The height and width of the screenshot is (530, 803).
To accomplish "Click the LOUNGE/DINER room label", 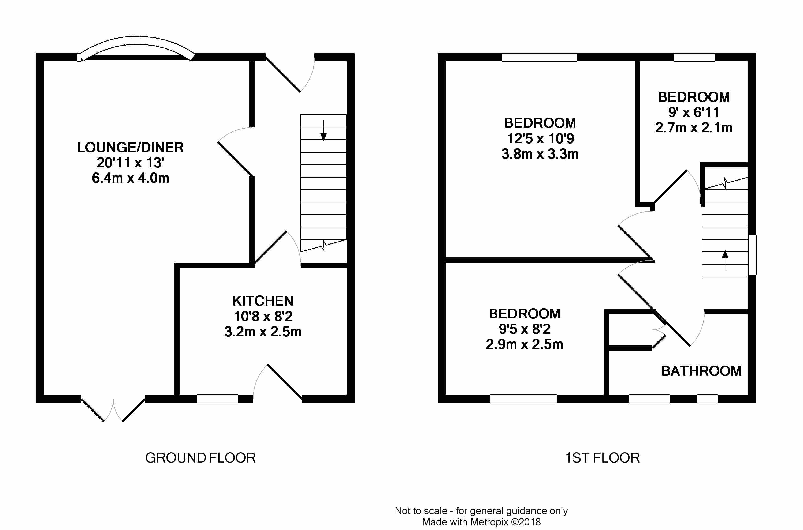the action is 131,147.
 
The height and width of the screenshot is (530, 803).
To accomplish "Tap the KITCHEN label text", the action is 263,301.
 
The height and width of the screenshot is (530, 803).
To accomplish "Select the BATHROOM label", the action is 701,371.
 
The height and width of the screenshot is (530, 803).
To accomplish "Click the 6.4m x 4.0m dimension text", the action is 131,178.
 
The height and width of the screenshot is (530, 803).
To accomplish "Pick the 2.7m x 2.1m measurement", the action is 694,127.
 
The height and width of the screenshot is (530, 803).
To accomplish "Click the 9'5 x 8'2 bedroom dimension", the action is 525,329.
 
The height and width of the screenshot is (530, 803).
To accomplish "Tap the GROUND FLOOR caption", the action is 200,458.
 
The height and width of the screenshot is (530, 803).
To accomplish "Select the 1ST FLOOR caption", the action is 603,458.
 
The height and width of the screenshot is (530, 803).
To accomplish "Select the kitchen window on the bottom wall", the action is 217,399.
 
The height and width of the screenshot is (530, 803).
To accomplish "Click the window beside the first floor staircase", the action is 752,255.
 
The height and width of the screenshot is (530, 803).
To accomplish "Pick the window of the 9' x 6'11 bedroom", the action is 694,58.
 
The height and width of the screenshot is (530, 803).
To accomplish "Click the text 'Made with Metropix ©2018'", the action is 481,522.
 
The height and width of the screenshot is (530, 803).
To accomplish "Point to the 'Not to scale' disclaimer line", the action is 481,511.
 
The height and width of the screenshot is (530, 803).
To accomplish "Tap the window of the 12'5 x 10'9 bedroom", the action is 539,58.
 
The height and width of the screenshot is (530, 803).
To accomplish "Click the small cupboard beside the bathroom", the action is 630,330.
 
